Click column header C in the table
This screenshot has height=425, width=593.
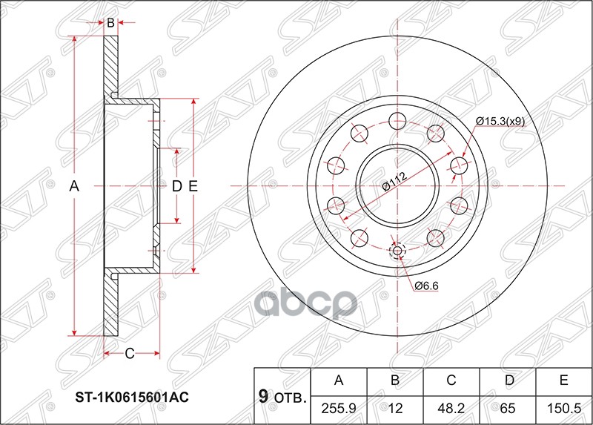tap(451, 381)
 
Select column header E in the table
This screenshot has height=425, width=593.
tap(563, 381)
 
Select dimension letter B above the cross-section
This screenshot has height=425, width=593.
tap(110, 23)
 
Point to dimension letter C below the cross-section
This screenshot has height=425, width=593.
tap(128, 353)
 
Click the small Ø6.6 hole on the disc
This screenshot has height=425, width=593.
tap(397, 251)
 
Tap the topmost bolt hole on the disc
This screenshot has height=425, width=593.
tap(397, 121)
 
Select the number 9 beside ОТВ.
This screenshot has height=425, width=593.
tap(262, 396)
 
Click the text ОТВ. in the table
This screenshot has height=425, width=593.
tap(290, 398)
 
